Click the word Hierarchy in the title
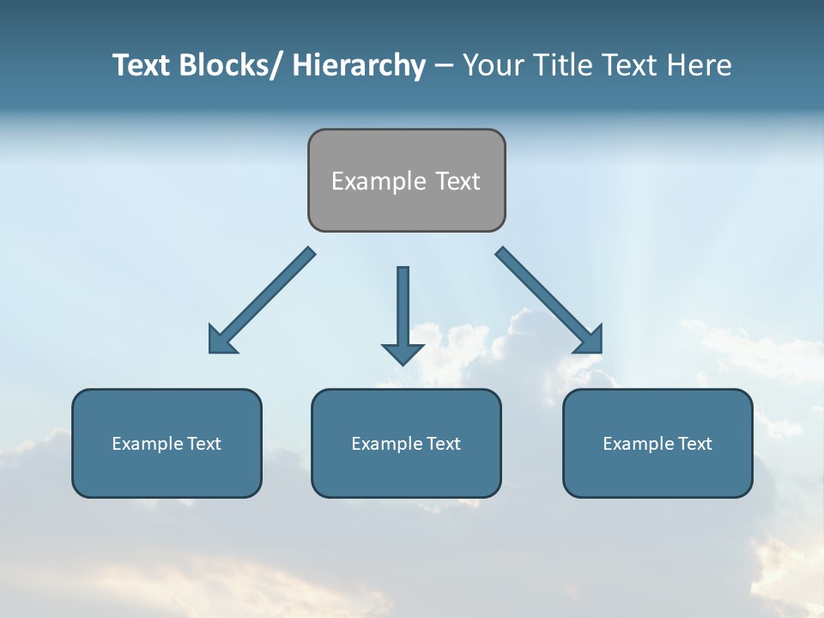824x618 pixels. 359,65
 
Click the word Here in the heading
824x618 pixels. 700,65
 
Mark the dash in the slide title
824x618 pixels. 443,65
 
